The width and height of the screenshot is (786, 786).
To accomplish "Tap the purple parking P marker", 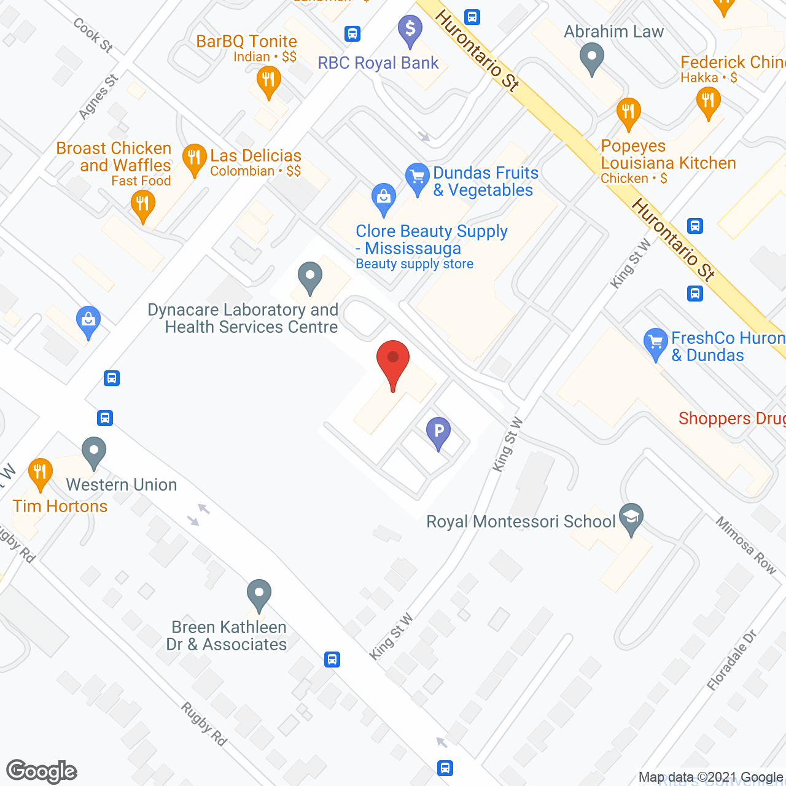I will pos(438,432).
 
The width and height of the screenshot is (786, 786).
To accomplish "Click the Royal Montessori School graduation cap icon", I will pos(631,518).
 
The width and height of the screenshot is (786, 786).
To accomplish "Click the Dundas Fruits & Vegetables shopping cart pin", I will pos(418,179).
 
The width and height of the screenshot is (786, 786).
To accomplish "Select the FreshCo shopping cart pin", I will pos(655,343).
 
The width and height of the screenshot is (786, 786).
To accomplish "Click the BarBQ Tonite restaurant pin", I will pos(268,82).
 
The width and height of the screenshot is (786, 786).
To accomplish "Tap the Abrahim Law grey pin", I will pos(592,59).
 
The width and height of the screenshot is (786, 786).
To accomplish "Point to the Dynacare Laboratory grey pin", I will pos(310,278).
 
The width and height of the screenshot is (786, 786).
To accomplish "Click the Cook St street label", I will pos(93,35).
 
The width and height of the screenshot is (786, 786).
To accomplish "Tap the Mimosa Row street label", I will pos(746,545).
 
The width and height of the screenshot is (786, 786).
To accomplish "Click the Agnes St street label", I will pos(98,97).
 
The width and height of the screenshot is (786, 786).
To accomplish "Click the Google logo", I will pos(42,771).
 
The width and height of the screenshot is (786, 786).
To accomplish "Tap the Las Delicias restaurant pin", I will pos(194,160).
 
